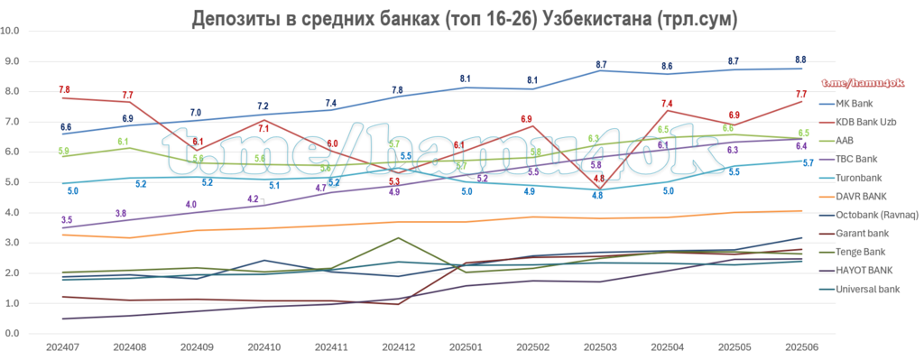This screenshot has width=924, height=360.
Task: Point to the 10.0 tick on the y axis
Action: (12, 31)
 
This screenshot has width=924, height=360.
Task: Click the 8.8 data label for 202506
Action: (800, 60)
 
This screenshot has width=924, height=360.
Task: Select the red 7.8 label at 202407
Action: (64, 89)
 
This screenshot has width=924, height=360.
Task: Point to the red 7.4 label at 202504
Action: (670, 104)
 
